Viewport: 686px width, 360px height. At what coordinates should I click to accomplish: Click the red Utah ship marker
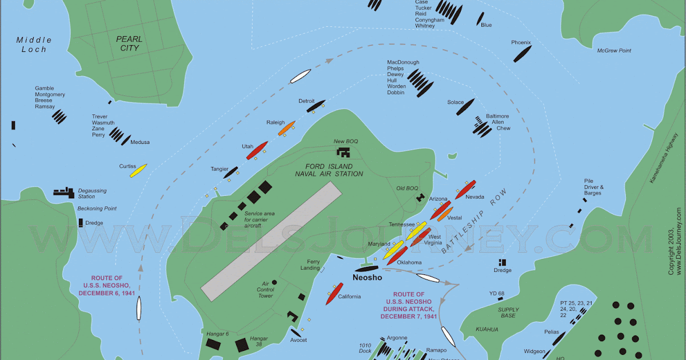click(257, 150)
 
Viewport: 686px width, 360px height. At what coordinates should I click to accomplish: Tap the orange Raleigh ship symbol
click(286, 128)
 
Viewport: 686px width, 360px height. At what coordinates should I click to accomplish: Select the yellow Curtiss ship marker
click(138, 170)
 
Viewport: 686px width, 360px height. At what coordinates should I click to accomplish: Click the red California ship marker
click(334, 293)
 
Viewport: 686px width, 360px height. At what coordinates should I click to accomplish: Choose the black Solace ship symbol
click(465, 106)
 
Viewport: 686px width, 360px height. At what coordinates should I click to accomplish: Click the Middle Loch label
click(34, 45)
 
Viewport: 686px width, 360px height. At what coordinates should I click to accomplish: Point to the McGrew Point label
click(614, 51)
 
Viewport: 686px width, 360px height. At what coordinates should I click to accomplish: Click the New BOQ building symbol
click(344, 152)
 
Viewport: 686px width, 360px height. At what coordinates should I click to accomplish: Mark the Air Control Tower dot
click(274, 282)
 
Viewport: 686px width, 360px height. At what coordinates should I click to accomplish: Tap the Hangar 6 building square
click(213, 344)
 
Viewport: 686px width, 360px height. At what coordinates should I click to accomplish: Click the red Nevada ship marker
click(465, 190)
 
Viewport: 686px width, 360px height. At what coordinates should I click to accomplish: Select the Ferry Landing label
click(310, 265)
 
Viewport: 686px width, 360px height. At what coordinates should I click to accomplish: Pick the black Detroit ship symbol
click(316, 106)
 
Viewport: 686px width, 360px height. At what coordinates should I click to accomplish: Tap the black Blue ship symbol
click(480, 19)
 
